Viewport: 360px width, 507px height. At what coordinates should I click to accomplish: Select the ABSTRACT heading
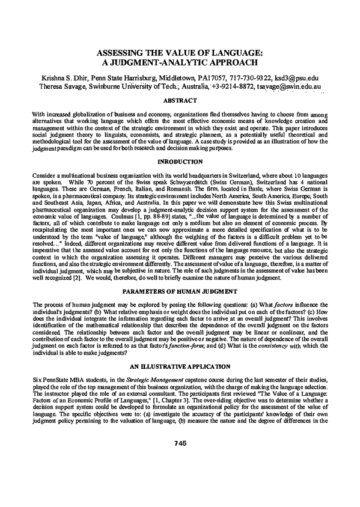pos(180,102)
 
